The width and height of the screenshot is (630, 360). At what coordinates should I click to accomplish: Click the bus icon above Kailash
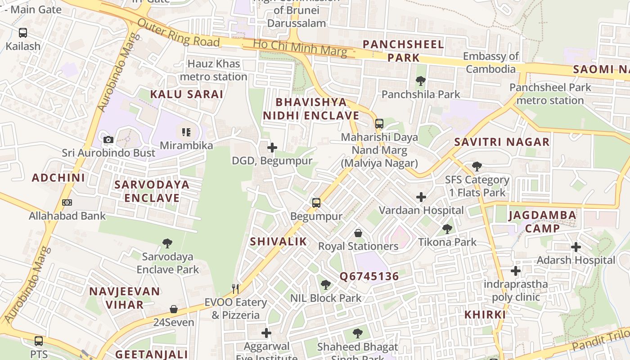point(22,33)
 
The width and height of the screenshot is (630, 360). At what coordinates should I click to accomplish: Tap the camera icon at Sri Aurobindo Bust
point(108,139)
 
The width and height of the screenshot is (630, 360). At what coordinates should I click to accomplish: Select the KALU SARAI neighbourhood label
point(186,94)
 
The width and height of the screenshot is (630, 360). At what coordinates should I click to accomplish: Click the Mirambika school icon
point(186,132)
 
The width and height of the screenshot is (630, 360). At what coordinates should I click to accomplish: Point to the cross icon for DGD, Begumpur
point(272,147)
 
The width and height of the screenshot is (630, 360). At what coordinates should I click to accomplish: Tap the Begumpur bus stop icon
point(316,203)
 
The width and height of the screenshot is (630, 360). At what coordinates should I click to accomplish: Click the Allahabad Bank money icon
point(67,202)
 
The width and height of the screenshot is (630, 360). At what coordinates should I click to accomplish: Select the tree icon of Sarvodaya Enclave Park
point(167,243)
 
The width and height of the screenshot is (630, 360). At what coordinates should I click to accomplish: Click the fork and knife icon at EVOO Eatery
point(235,288)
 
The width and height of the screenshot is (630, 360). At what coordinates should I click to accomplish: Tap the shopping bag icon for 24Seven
point(174,309)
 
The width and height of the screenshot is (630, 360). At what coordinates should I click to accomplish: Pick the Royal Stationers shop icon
point(358,233)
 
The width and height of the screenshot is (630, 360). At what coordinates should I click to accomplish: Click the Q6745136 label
point(369,276)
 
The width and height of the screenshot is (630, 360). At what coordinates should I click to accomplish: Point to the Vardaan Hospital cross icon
point(421,197)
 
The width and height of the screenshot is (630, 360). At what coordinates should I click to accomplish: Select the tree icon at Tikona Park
point(447,229)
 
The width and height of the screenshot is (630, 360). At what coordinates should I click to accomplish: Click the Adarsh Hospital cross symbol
point(576,247)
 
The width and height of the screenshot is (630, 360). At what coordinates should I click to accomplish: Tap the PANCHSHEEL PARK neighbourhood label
point(403,51)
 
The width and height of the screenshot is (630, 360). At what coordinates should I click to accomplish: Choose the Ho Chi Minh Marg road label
point(300,48)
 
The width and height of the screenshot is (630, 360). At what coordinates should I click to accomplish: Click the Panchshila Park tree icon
point(421,81)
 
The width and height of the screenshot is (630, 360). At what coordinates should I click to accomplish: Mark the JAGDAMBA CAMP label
point(542,221)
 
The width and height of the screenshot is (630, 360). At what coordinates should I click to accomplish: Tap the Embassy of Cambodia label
point(491,63)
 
